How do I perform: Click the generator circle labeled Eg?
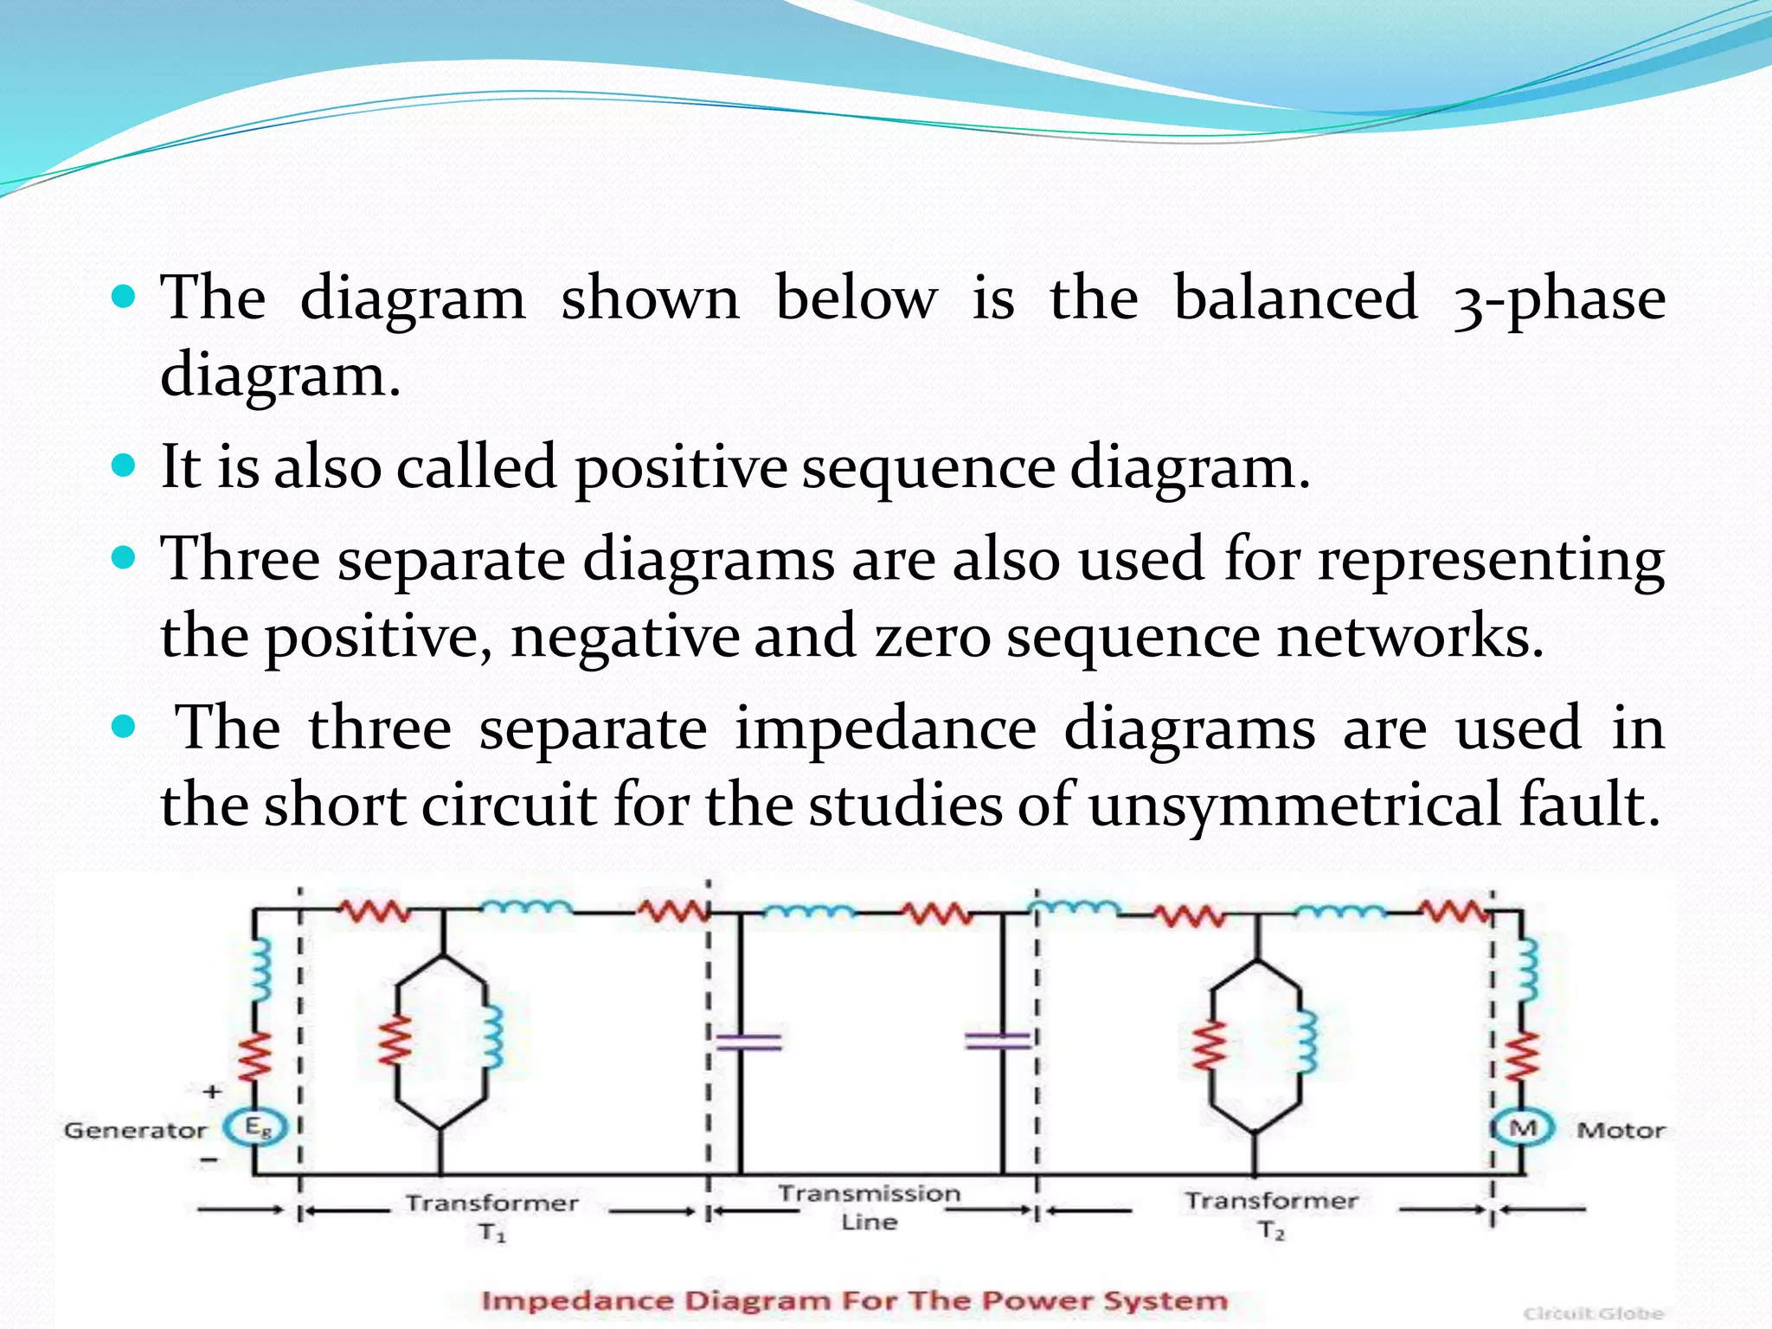pyautogui.click(x=254, y=1127)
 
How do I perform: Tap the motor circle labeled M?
pyautogui.click(x=1523, y=1128)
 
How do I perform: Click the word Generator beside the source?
pyautogui.click(x=135, y=1131)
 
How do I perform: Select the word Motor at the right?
pyautogui.click(x=1621, y=1130)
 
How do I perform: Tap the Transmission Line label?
pyautogui.click(x=869, y=1207)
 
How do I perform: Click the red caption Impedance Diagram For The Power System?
pyautogui.click(x=854, y=1300)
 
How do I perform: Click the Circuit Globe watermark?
pyautogui.click(x=1593, y=1313)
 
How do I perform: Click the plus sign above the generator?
pyautogui.click(x=212, y=1092)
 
